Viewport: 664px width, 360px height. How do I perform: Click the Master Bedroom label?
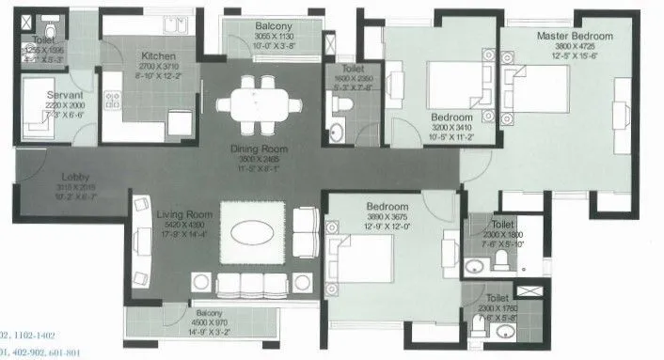click(574, 36)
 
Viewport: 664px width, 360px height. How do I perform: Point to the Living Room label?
click(183, 215)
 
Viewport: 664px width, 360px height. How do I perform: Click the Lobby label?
click(49, 176)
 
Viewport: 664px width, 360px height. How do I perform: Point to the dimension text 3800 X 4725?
click(574, 47)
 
